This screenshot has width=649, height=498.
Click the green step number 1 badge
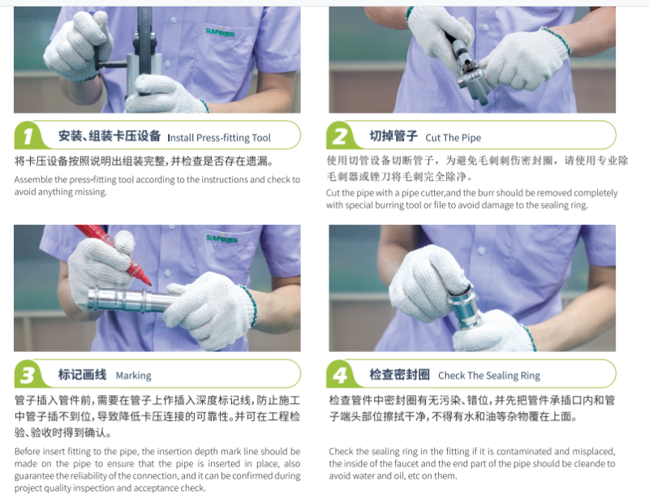(x=28, y=135)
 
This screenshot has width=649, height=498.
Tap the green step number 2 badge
(x=341, y=135)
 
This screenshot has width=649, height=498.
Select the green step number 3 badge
(x=28, y=375)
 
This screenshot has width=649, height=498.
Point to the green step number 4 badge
(x=341, y=375)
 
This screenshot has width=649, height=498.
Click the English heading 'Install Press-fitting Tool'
(x=219, y=138)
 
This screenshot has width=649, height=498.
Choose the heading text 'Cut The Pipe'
(x=453, y=138)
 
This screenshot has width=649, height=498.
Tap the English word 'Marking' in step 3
(x=133, y=376)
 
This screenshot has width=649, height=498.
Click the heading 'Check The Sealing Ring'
(x=489, y=376)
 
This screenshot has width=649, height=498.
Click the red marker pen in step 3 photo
(x=114, y=253)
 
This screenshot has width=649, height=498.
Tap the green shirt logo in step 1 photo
(x=220, y=32)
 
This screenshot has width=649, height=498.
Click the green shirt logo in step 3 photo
(x=221, y=238)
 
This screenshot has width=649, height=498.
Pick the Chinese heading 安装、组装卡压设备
(x=110, y=135)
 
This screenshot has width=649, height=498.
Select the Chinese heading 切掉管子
(x=393, y=135)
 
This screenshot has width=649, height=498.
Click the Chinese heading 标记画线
(x=83, y=375)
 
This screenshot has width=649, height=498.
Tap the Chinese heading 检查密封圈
(x=399, y=375)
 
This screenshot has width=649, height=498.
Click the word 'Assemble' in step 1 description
(x=33, y=180)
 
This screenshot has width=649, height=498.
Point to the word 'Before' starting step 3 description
(x=28, y=452)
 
